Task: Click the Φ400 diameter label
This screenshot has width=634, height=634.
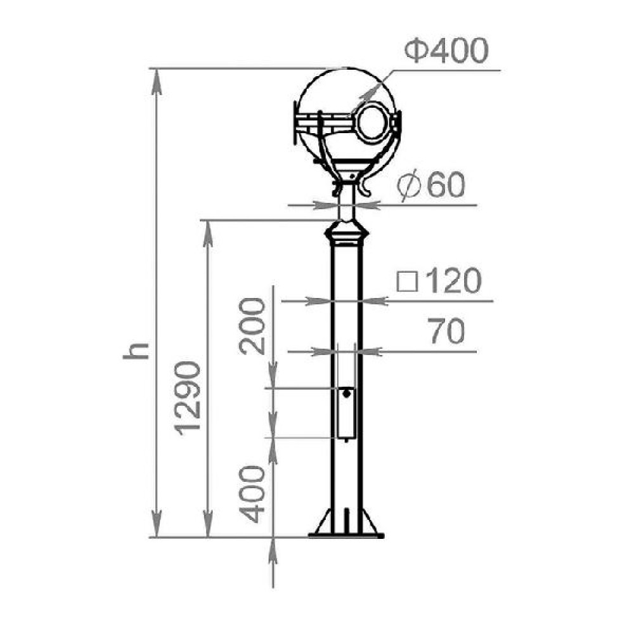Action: coord(446,50)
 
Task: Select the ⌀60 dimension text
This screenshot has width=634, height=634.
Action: coord(431,186)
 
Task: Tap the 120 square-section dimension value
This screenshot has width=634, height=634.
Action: coord(454,281)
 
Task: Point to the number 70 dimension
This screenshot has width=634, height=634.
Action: coord(446,331)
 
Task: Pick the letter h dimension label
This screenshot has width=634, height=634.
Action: coord(136,351)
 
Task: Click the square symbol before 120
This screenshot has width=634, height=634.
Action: coord(407,281)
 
